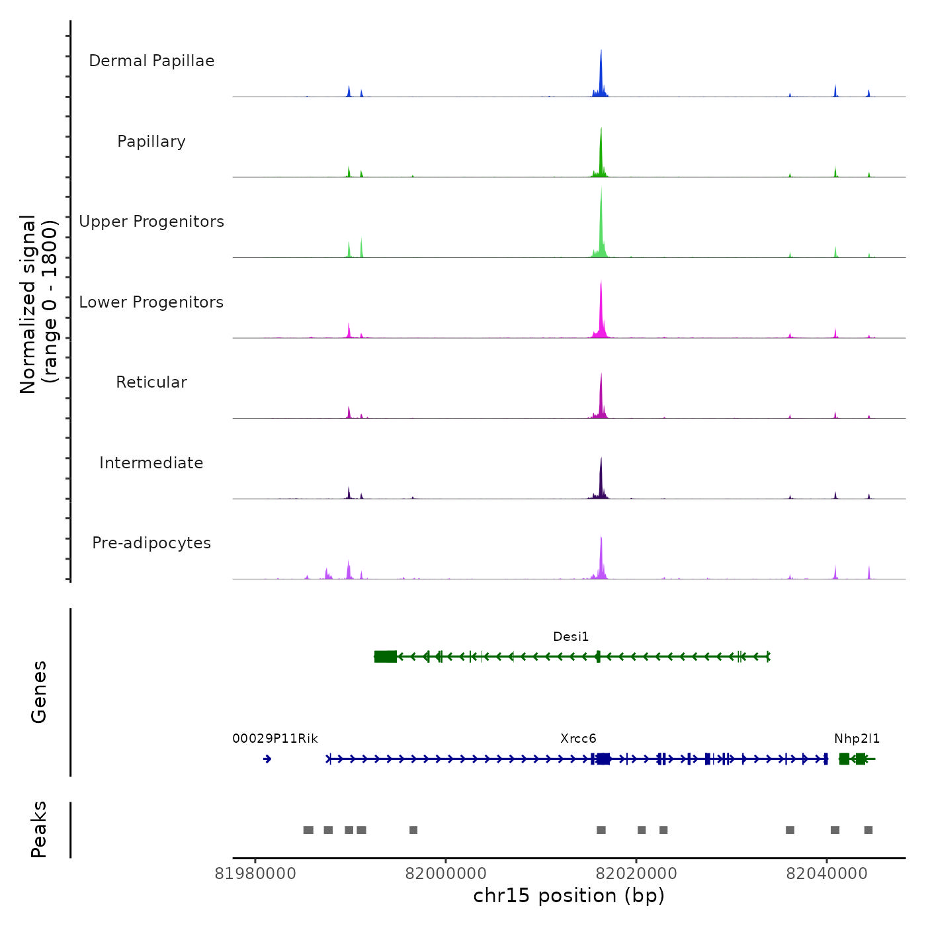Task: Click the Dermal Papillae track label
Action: point(151,61)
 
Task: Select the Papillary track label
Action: point(151,142)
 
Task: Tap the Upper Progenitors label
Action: point(151,222)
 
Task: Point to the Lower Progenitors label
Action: point(151,302)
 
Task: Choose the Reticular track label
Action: point(151,382)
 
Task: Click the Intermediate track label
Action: point(151,463)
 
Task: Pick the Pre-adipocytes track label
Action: point(151,543)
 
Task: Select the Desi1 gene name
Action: point(571,637)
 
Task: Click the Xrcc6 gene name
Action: point(578,739)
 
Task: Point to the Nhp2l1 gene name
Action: point(857,739)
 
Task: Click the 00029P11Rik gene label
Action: point(275,739)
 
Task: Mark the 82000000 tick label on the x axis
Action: point(446,874)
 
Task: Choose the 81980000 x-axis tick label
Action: point(255,874)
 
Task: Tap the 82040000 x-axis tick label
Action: point(827,874)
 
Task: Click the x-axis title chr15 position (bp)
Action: point(569,896)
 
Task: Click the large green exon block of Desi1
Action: point(386,656)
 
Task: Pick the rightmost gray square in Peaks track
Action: point(868,830)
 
